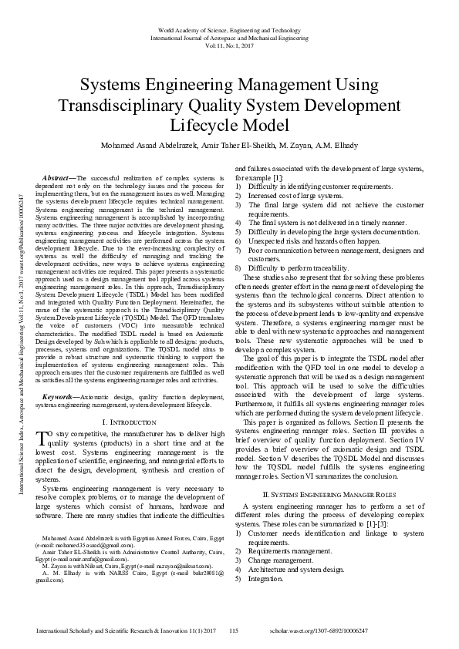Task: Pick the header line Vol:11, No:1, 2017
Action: (x=229, y=45)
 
